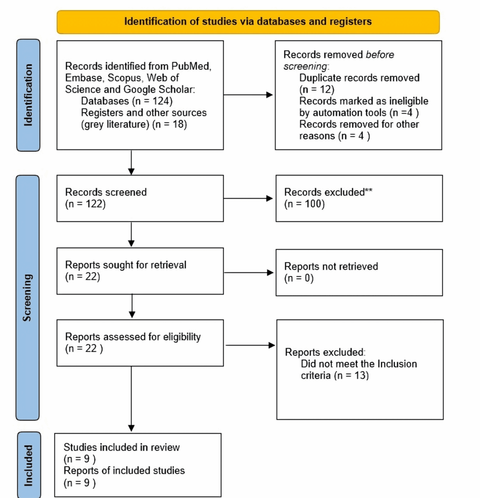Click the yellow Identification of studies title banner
click(x=248, y=22)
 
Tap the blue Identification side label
click(x=28, y=95)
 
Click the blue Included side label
click(x=29, y=464)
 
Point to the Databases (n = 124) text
click(x=127, y=102)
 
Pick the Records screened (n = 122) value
click(x=85, y=204)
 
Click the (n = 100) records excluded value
click(x=304, y=204)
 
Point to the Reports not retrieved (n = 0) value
click(x=299, y=278)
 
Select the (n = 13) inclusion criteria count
click(x=351, y=375)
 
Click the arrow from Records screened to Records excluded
click(x=249, y=198)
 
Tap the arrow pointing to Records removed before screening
click(x=249, y=95)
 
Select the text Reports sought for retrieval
click(x=126, y=266)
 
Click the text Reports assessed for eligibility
click(x=133, y=337)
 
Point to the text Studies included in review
click(x=122, y=447)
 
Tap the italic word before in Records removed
click(x=380, y=54)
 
